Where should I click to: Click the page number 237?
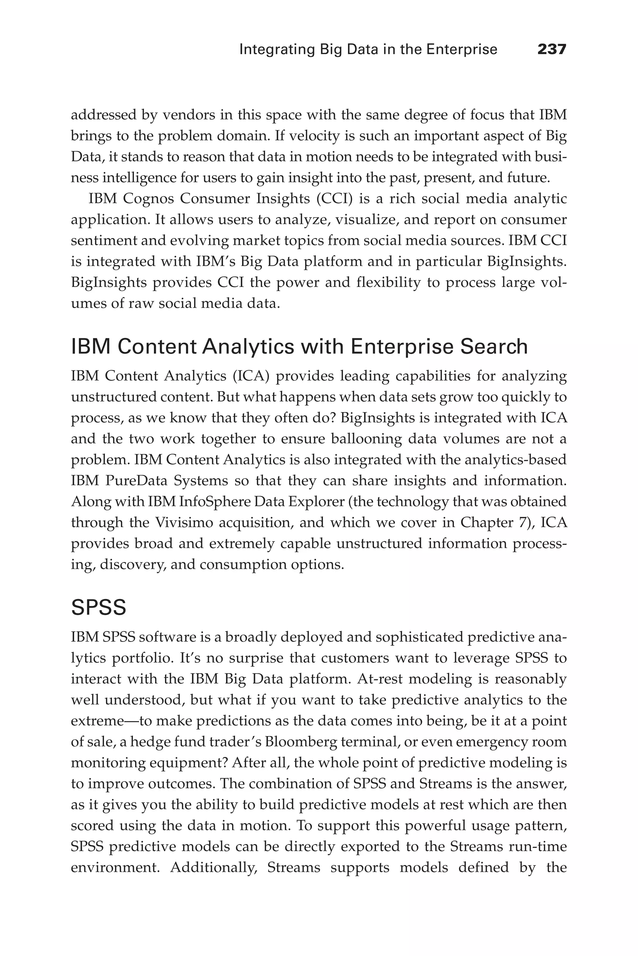[552, 49]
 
